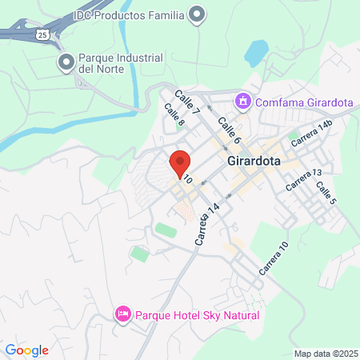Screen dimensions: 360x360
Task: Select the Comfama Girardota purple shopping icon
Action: click(242, 102)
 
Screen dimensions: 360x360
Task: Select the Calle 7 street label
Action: click(186, 98)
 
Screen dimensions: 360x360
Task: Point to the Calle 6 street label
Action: click(229, 135)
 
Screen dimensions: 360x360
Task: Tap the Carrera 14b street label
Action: click(312, 133)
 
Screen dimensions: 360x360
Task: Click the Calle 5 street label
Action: click(325, 196)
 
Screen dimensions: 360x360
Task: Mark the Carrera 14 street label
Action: click(206, 225)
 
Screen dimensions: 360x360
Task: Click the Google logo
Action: click(26, 350)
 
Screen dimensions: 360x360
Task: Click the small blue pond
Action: click(256, 54)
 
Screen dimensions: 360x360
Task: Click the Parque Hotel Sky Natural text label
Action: click(197, 315)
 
